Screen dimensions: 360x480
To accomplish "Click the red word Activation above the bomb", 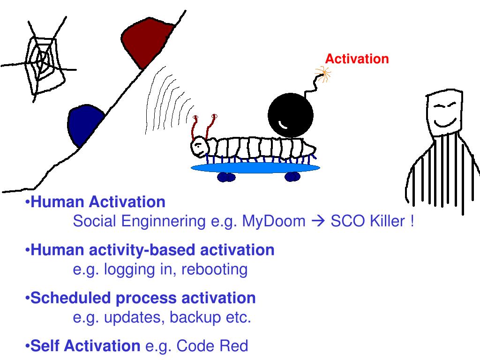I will coord(357,59).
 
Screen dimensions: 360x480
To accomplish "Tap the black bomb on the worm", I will coord(290,115).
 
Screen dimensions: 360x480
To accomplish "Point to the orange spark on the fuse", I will coord(322,73).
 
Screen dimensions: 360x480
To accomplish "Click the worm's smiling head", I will coord(199,147).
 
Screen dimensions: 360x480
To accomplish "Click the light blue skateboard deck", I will coord(255,167).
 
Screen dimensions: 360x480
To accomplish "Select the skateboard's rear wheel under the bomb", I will coord(292,177).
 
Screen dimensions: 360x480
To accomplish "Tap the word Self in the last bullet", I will coord(45,346).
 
